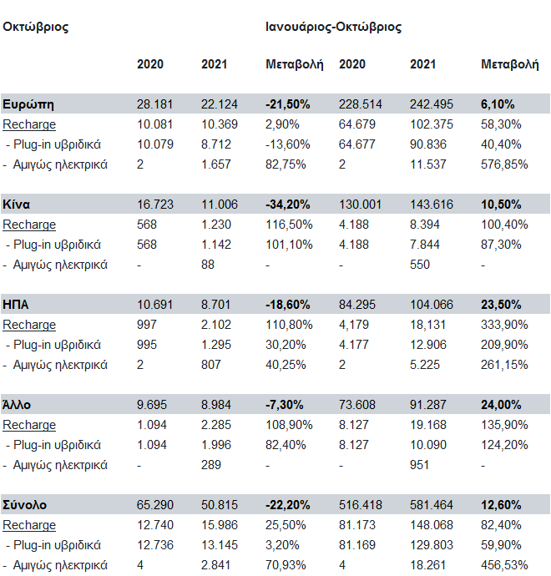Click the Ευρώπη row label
28,104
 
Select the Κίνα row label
18,205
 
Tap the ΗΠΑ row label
16,305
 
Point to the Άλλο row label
18,405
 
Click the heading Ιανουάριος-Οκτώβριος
333,27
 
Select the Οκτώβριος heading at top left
35,27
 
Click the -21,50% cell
288,104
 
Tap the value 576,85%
505,164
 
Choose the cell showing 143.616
431,205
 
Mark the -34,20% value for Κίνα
288,205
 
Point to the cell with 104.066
431,305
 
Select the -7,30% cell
285,405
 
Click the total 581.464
431,505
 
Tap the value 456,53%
505,565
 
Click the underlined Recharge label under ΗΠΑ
29,325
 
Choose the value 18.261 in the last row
427,565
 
